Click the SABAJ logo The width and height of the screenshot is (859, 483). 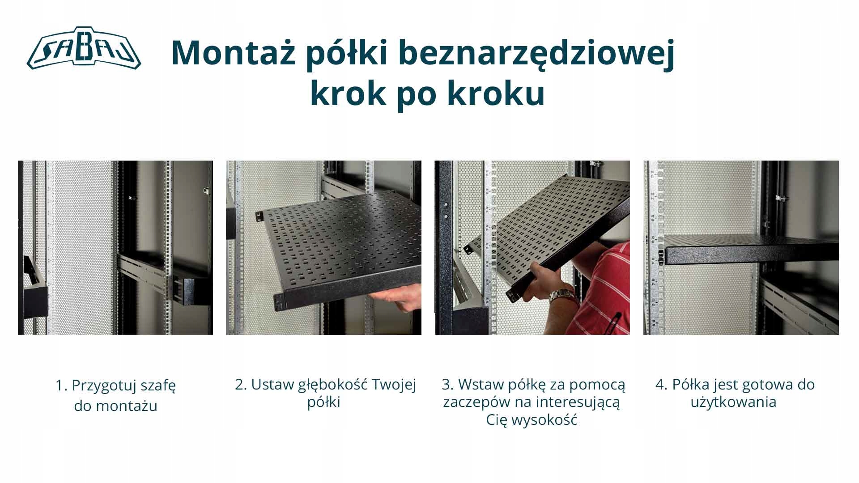pos(84,48)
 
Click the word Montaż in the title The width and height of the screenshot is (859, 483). pos(233,53)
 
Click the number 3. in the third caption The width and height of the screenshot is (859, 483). pos(448,385)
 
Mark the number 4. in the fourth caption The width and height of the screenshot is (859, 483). pos(662,385)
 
